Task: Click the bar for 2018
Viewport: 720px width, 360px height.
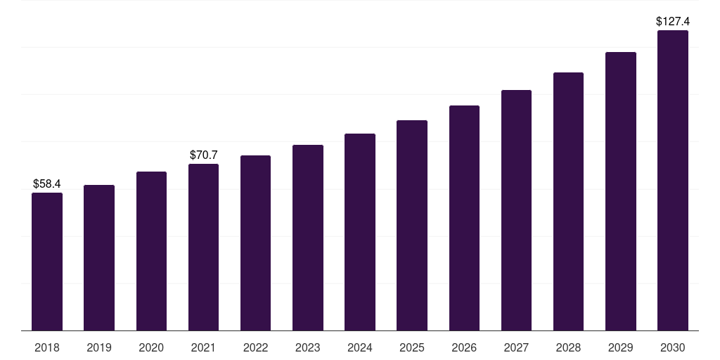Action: pos(47,262)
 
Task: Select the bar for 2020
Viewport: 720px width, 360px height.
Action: pos(151,251)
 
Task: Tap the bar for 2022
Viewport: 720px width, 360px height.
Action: pos(255,243)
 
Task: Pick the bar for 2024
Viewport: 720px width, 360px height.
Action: pos(360,232)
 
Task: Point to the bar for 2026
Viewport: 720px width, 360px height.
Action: pos(464,218)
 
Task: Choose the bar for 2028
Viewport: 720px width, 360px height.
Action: pos(568,201)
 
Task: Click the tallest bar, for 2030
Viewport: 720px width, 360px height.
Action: pos(672,180)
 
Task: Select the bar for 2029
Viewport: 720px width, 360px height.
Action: pos(620,191)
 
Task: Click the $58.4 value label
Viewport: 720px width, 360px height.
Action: pos(47,184)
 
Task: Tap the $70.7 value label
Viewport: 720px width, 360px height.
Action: pos(204,155)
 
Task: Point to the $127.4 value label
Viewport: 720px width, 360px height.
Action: pos(672,21)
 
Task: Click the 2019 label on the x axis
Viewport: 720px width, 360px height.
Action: pos(99,347)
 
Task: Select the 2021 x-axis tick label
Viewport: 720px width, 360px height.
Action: pos(204,347)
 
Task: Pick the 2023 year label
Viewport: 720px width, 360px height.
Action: pos(308,347)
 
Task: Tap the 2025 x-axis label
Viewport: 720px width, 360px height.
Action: pos(412,347)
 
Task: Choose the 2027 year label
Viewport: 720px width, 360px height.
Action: pos(516,347)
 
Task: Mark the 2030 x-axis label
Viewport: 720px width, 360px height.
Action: pos(672,347)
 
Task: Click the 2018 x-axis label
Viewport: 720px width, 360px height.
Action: pos(47,347)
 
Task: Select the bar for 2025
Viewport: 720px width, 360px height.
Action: pos(412,225)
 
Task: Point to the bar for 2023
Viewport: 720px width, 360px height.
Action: pos(308,238)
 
